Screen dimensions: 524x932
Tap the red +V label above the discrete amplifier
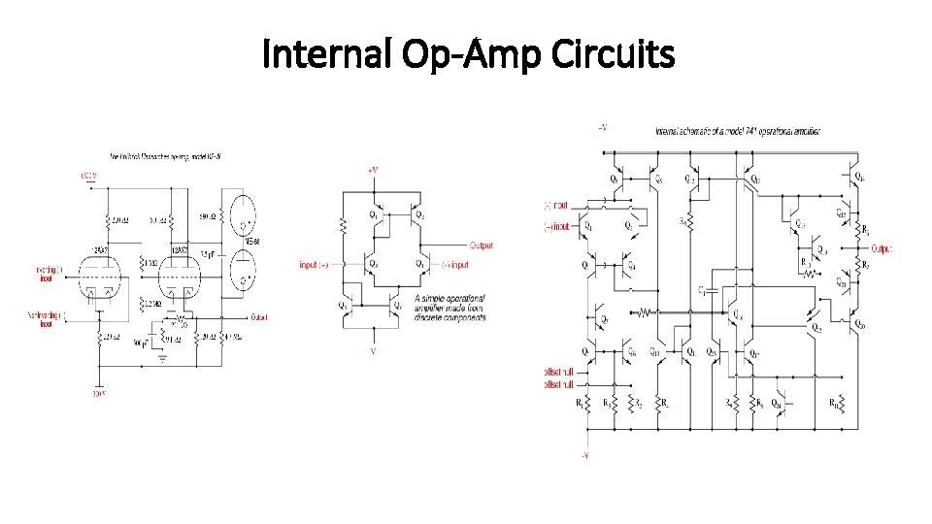(372, 169)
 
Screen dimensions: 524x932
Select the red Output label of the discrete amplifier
(480, 246)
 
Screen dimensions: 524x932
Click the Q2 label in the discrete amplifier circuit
(419, 215)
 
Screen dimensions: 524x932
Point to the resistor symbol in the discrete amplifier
(344, 225)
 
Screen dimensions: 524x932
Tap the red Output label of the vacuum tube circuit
(259, 316)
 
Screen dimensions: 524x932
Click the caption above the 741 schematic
(737, 131)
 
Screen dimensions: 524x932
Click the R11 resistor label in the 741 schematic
(834, 402)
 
